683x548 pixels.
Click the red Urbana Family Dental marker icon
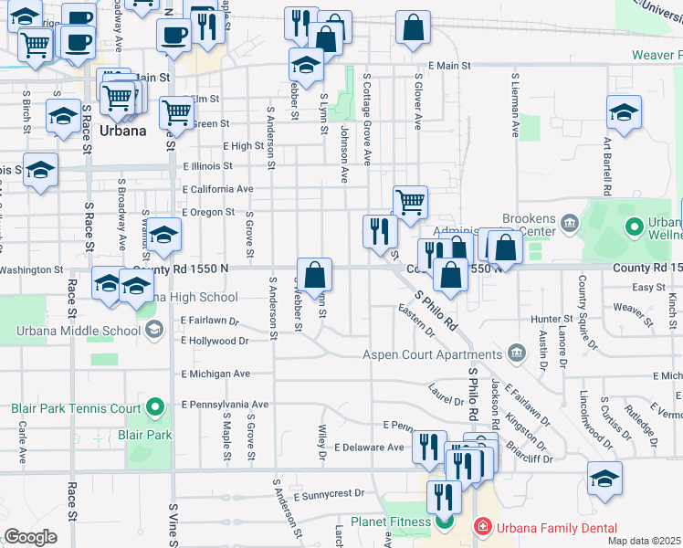(x=480, y=528)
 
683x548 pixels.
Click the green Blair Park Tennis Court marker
(x=154, y=406)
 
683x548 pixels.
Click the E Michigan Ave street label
(x=215, y=374)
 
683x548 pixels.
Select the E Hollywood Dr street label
(x=215, y=340)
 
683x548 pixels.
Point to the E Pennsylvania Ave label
(x=225, y=404)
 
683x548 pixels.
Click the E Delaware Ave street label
(x=369, y=448)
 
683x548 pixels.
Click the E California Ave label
(x=217, y=189)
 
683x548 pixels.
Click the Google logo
(x=30, y=537)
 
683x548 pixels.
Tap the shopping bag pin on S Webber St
(x=314, y=275)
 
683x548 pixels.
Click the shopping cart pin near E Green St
(x=177, y=113)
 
